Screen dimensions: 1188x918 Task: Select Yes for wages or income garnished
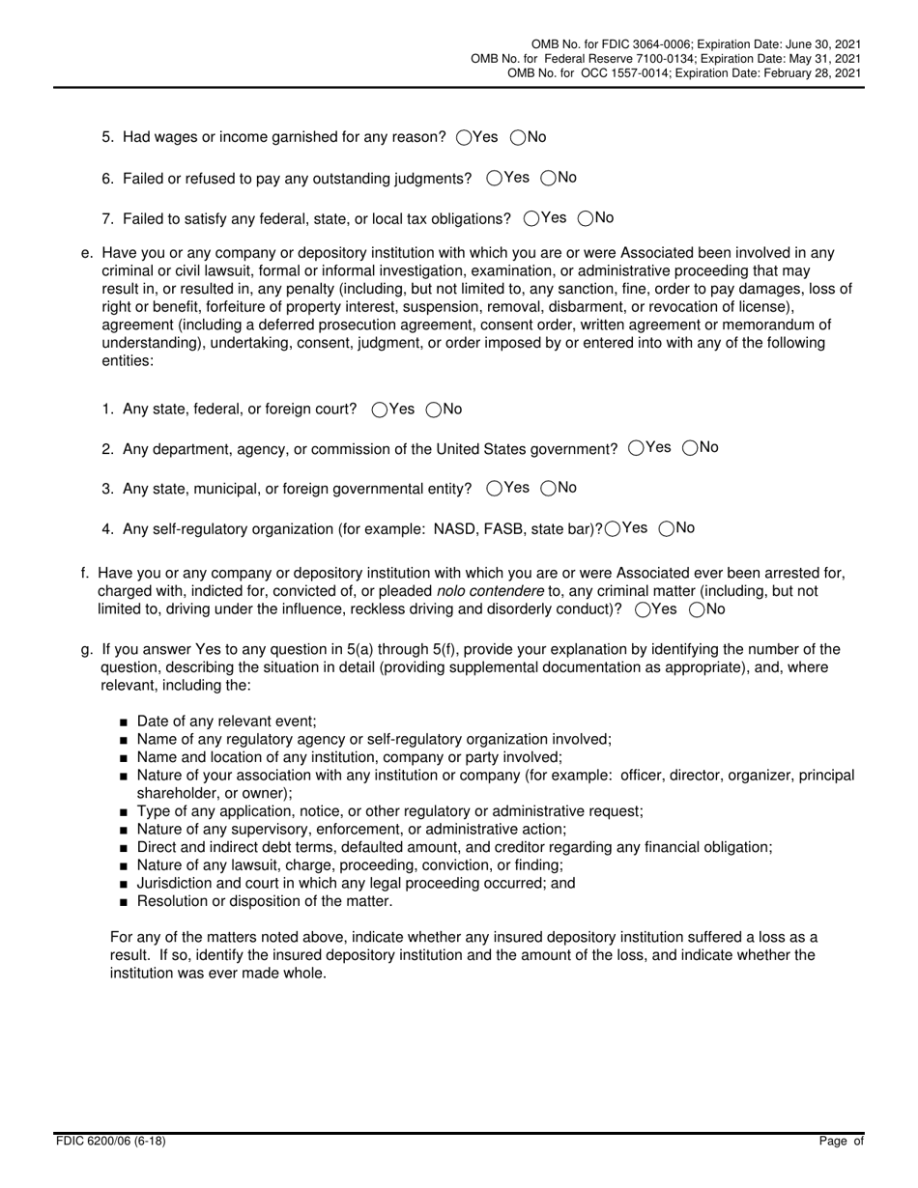coord(463,138)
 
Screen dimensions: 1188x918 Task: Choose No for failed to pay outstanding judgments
coord(549,178)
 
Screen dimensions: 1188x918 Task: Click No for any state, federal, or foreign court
coord(434,410)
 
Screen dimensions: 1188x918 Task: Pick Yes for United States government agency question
coord(636,448)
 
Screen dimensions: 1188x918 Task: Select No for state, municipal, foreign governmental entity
coord(549,489)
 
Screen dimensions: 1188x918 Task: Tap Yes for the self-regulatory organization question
coord(612,528)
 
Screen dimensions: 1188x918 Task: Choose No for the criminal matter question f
coord(696,609)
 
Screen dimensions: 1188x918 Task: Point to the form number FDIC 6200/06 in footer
coord(110,1141)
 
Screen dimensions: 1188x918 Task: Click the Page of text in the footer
coord(841,1141)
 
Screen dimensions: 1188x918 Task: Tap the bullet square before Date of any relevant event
coord(125,721)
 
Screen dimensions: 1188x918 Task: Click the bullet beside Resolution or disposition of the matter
coord(125,902)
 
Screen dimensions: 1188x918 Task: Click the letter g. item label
coord(87,649)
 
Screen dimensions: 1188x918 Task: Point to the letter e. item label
coord(87,253)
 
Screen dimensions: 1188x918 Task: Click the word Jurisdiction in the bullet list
coord(177,884)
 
